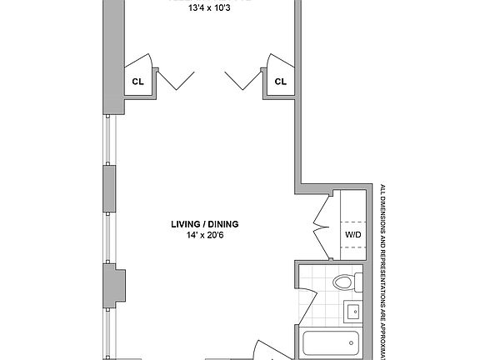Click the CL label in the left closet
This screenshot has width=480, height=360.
click(x=137, y=82)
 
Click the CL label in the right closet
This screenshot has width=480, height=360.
click(x=280, y=82)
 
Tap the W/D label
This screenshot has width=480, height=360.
click(x=352, y=235)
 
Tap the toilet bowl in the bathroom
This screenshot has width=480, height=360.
click(x=342, y=282)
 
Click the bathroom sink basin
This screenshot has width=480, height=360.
click(x=352, y=312)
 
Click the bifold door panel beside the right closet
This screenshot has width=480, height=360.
click(x=242, y=80)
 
